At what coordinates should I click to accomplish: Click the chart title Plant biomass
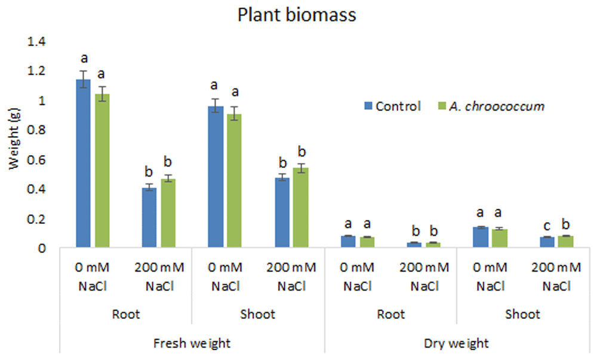[297, 15]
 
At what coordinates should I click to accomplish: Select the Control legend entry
[393, 106]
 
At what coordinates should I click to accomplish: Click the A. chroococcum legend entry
[491, 106]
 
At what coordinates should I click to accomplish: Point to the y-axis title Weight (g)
[14, 139]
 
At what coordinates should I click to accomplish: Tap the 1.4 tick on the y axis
[36, 41]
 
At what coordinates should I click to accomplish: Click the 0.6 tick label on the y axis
[36, 159]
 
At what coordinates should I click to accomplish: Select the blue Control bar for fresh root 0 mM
[84, 163]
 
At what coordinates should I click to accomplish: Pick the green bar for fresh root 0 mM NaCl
[102, 171]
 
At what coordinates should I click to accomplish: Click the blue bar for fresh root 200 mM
[149, 217]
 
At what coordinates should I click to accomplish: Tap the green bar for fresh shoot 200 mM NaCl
[301, 207]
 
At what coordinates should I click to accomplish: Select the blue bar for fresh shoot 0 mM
[216, 177]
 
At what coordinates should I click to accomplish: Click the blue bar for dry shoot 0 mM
[481, 237]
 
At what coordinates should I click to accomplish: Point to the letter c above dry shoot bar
[547, 226]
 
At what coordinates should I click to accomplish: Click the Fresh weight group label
[192, 343]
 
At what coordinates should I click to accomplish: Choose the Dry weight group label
[456, 343]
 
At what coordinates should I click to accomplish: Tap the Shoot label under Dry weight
[522, 315]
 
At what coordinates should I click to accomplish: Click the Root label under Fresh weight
[126, 315]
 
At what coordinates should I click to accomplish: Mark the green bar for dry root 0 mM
[367, 242]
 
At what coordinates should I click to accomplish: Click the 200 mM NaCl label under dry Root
[424, 276]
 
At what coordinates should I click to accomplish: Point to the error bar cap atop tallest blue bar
[84, 71]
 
